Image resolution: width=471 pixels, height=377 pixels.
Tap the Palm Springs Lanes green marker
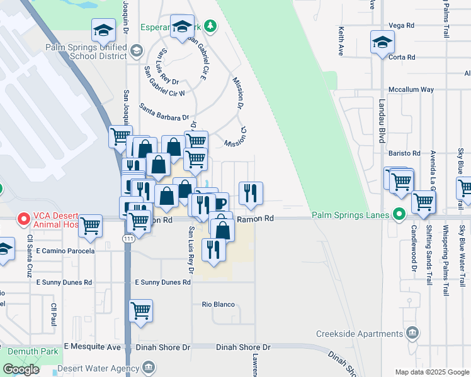pyautogui.click(x=399, y=215)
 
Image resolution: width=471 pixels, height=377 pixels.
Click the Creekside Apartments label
pyautogui.click(x=359, y=334)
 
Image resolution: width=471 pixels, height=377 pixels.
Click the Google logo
pyautogui.click(x=21, y=369)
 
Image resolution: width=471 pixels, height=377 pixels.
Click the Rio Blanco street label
pyautogui.click(x=218, y=304)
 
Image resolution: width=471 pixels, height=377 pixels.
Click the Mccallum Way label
pyautogui.click(x=411, y=89)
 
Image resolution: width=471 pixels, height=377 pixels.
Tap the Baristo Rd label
pyautogui.click(x=404, y=153)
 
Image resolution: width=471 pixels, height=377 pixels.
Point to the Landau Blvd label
pyautogui.click(x=382, y=120)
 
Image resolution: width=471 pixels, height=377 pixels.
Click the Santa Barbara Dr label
pyautogui.click(x=164, y=112)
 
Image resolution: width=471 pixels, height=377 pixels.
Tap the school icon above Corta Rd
pyautogui.click(x=382, y=42)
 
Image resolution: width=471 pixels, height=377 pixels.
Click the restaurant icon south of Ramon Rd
pyautogui.click(x=213, y=249)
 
